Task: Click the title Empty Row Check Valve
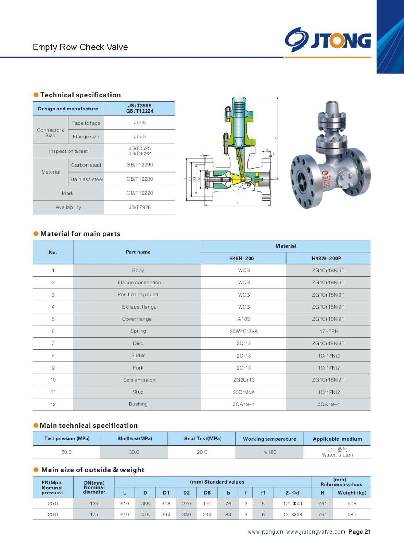(x=80, y=47)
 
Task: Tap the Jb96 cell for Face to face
(x=140, y=123)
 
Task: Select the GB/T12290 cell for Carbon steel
(x=140, y=165)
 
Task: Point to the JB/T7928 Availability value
(x=140, y=207)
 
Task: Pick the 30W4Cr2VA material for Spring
(x=244, y=331)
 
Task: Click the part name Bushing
(x=138, y=404)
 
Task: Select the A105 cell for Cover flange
(x=244, y=319)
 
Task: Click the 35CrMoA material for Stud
(x=244, y=392)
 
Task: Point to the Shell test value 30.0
(x=134, y=452)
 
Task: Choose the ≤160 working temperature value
(x=270, y=452)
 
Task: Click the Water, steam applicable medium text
(x=337, y=455)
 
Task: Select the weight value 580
(x=352, y=514)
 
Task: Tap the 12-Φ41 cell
(x=292, y=503)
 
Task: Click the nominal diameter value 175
(x=94, y=514)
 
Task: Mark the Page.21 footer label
(x=359, y=532)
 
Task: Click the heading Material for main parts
(x=80, y=234)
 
